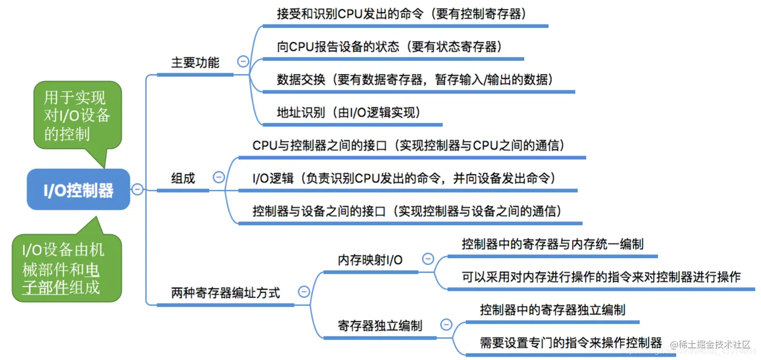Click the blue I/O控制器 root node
tap(78, 190)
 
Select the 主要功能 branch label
tap(195, 63)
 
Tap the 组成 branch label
tap(183, 178)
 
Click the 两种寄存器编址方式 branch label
tap(225, 293)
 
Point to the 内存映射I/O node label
tap(370, 260)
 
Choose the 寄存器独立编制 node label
tap(380, 325)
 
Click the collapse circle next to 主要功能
tap(243, 62)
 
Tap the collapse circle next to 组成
tap(219, 177)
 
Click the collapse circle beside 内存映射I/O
tap(428, 259)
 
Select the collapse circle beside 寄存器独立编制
tap(446, 324)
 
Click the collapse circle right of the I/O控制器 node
tap(137, 189)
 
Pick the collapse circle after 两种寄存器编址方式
tap(303, 292)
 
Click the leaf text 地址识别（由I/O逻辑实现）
tap(348, 112)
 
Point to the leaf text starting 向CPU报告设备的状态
tap(390, 47)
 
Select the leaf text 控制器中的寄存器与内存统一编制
tap(552, 245)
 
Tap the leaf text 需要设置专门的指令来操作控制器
tap(571, 343)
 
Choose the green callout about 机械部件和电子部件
tap(66, 268)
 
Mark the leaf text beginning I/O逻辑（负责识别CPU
tap(403, 178)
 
